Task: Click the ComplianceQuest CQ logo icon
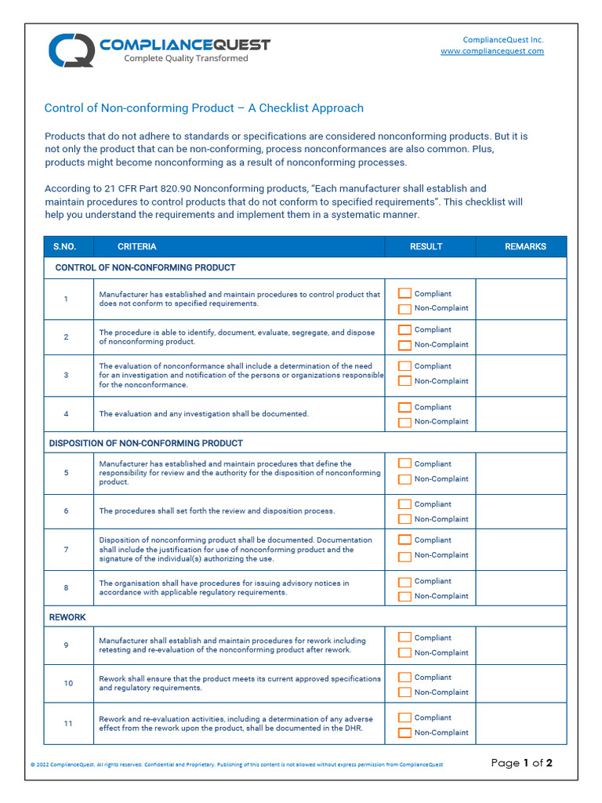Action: point(71,50)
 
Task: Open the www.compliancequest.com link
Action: point(491,51)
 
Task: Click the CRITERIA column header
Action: point(137,246)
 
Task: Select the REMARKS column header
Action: point(525,246)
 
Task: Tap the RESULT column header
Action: point(426,246)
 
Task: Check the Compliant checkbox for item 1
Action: point(404,293)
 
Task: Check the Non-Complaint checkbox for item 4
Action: point(404,422)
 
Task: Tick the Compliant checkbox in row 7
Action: point(404,540)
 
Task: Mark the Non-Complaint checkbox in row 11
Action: point(404,733)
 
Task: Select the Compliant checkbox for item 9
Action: point(404,638)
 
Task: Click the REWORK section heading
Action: point(67,617)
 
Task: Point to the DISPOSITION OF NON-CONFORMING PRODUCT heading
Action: point(146,443)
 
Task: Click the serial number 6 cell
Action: point(67,511)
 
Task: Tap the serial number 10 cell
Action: point(68,684)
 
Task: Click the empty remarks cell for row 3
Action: point(521,376)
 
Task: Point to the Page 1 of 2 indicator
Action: point(521,763)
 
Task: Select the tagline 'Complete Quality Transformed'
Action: point(186,59)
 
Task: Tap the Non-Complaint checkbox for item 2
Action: point(404,345)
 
